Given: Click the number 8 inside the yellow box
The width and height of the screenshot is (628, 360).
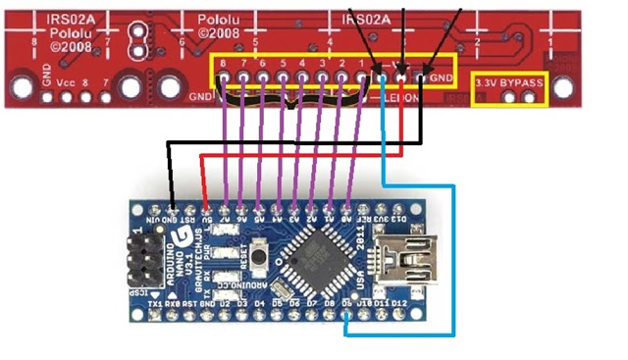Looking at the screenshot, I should pos(224,63).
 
